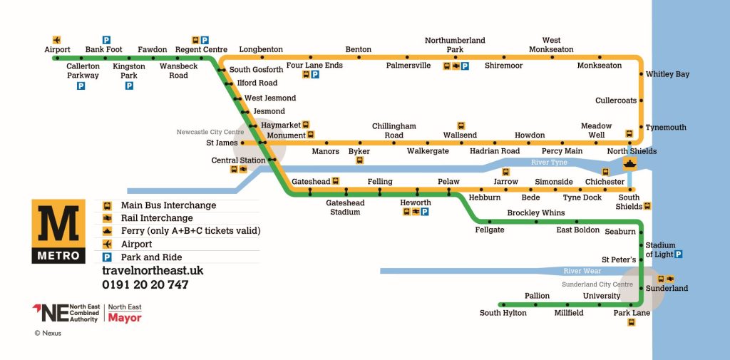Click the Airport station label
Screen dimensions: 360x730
click(x=57, y=50)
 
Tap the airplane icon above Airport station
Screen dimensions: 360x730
click(x=56, y=39)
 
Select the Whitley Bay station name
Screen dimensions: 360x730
click(x=667, y=74)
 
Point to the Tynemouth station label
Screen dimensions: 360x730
click(x=666, y=128)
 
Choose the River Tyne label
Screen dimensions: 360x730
click(x=549, y=163)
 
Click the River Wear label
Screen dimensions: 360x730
click(x=582, y=271)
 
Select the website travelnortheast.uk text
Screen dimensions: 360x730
click(x=153, y=271)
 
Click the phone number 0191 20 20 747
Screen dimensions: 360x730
click(x=145, y=285)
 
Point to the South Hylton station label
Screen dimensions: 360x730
click(x=503, y=313)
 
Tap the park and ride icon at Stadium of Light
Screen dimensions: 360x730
click(x=679, y=254)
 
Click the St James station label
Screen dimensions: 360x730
click(x=222, y=143)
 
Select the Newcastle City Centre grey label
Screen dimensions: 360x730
click(x=210, y=132)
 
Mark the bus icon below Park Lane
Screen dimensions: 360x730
click(x=632, y=323)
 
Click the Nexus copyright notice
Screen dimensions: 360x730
click(x=48, y=333)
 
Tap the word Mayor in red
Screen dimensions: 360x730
click(x=125, y=318)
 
